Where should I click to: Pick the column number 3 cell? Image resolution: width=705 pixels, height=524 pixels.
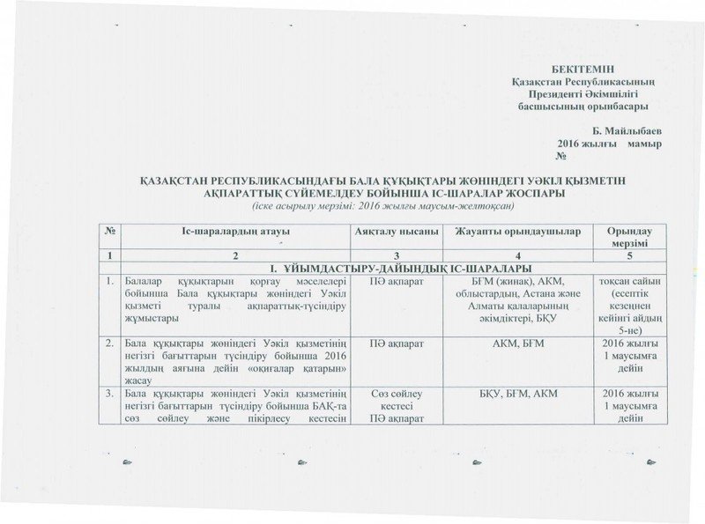coord(397,254)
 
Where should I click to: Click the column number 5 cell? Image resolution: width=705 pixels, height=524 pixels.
coord(630,254)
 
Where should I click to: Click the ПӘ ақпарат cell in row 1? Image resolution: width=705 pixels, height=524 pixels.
coord(397,280)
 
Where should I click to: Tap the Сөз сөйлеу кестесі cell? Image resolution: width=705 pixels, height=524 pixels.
coord(397,397)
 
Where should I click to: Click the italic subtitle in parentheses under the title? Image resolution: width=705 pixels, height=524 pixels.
coord(352,204)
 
